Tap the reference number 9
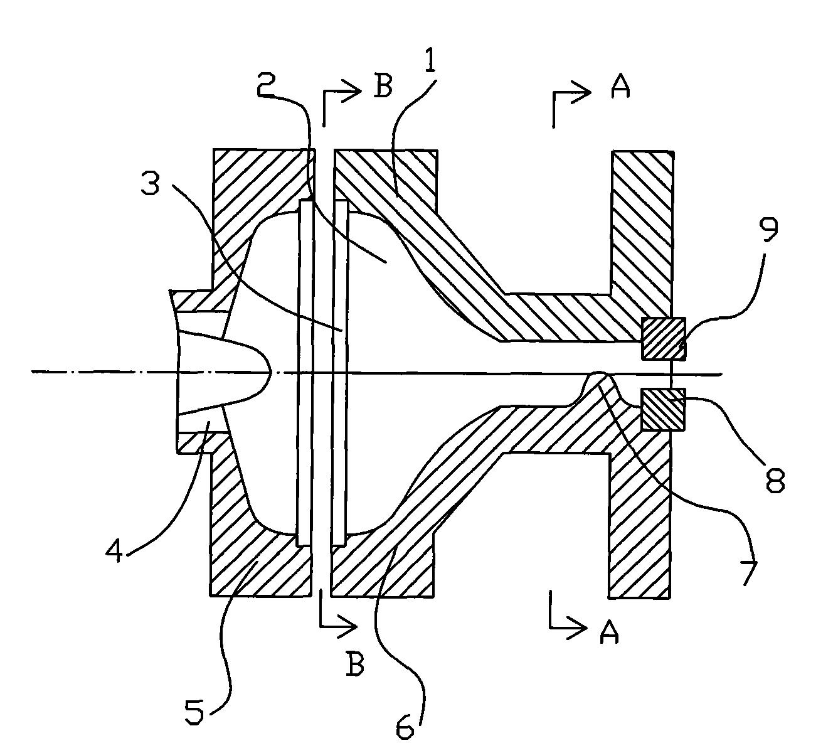768,227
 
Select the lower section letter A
609,633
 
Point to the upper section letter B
382,86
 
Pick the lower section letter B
354,664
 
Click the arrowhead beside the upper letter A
583,93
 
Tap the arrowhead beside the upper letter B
353,92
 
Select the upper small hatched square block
663,338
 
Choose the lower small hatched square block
663,409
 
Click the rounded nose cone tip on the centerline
269,371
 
